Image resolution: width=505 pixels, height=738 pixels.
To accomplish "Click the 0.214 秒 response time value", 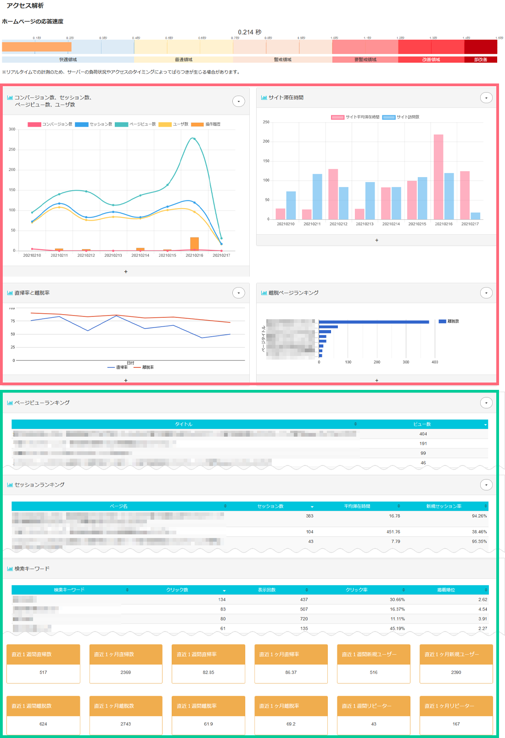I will pos(249,32).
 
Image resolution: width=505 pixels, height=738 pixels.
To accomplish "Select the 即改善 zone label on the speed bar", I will pos(480,60).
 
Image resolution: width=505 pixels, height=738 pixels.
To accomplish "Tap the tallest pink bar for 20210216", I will pos(438,177).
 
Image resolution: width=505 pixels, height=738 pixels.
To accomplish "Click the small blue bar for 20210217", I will pos(476,216).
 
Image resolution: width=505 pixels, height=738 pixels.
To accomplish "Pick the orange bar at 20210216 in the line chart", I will pos(195,244).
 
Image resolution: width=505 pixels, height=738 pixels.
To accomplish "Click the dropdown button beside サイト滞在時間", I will pos(486,98).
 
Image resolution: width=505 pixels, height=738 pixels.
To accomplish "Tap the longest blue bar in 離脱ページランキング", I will pos(374,322).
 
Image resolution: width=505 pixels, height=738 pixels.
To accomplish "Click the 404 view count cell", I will pos(423,434).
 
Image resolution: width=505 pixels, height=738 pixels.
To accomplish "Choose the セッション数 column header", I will pos(270,506).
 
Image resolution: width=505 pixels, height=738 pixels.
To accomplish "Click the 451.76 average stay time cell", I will pos(393,532).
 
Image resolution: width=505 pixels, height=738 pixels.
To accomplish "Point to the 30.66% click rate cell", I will pos(397,599).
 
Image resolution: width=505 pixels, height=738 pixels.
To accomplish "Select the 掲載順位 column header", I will pos(446,590).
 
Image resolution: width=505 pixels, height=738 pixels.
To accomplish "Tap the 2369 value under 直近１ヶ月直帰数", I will pos(126,672).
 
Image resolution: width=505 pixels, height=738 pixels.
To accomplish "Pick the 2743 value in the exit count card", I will pos(126,724).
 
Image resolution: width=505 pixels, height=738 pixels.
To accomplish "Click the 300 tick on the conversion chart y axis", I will pos(12,129).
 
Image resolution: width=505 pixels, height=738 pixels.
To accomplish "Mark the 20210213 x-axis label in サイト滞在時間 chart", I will pos(365,224).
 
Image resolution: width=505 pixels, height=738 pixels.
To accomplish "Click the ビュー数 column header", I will pos(422,424).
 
